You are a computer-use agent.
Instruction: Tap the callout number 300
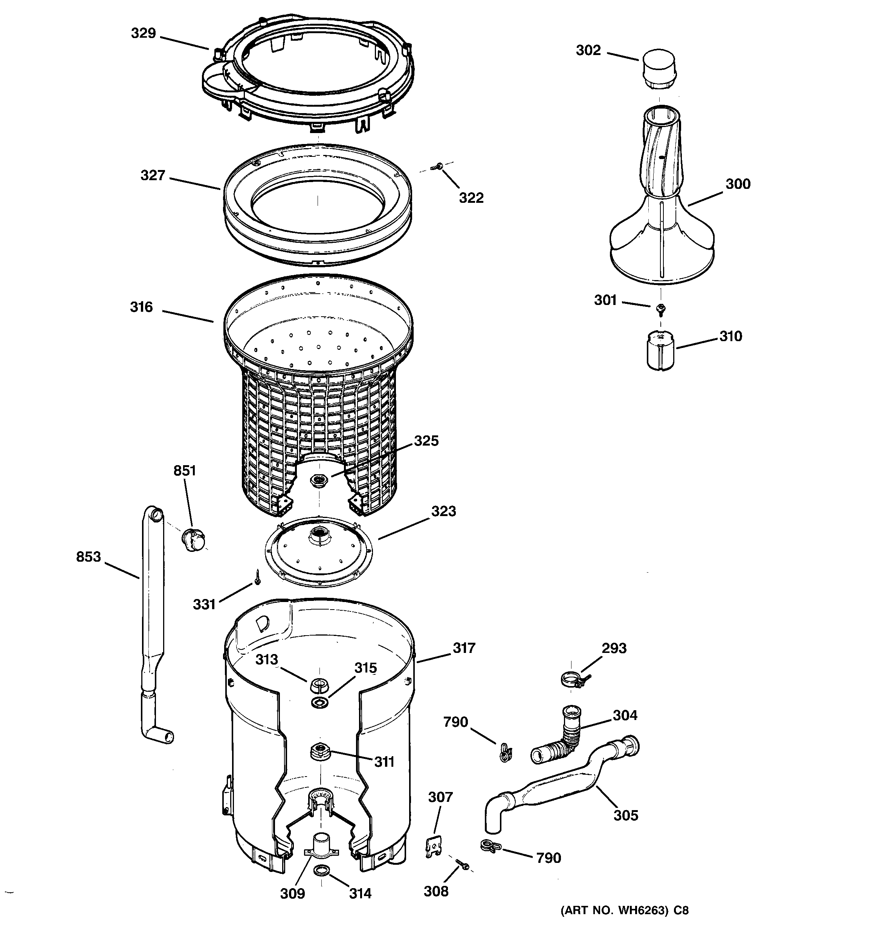point(738,184)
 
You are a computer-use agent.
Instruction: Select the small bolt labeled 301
point(661,308)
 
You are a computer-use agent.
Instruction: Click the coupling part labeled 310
point(660,351)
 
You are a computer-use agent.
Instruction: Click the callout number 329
point(143,33)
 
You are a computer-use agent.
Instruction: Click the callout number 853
point(88,557)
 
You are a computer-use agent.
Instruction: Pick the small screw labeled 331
point(257,577)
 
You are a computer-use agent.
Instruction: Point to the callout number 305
point(625,815)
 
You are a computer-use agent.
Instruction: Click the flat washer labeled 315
point(320,702)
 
